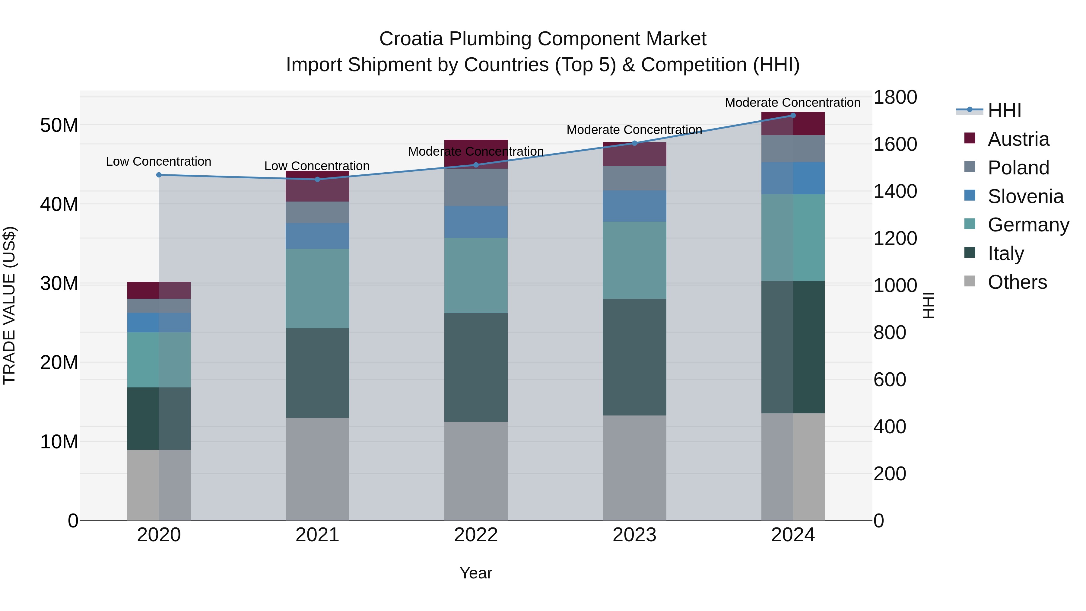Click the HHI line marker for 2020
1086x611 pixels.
click(159, 175)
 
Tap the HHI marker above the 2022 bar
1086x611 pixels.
click(476, 165)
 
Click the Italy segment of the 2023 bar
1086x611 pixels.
click(634, 357)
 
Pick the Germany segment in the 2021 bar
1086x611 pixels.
click(317, 288)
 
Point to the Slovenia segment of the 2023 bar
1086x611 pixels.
click(634, 206)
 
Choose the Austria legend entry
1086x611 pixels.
click(1018, 139)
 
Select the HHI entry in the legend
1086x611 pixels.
click(1004, 110)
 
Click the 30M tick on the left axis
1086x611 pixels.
click(59, 283)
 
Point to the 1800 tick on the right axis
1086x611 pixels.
click(895, 97)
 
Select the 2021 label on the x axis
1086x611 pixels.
click(317, 535)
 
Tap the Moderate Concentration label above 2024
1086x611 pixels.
click(792, 103)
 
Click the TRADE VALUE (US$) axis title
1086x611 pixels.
click(9, 305)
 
